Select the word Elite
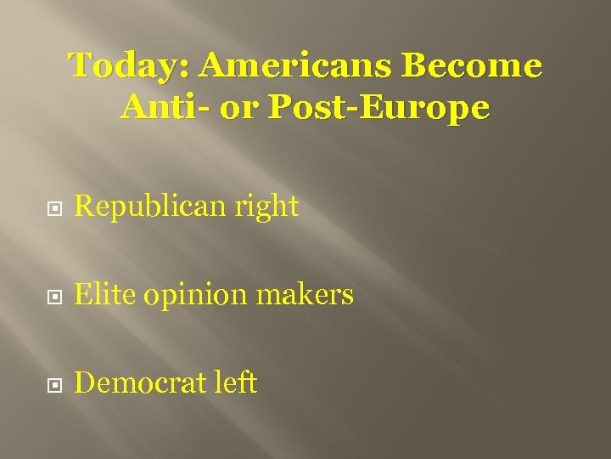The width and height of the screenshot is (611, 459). tap(104, 295)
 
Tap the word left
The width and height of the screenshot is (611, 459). tap(236, 383)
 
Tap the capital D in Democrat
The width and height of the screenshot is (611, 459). tap(84, 383)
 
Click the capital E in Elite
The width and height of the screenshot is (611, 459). tap(82, 295)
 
